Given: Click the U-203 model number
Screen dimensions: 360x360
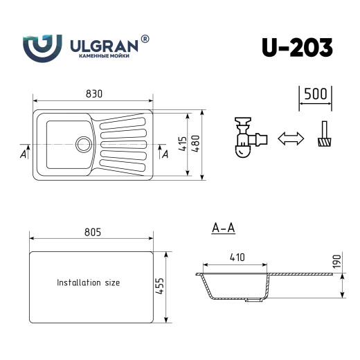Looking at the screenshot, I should pos(297,46).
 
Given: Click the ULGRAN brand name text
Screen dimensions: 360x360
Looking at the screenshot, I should pos(105,45).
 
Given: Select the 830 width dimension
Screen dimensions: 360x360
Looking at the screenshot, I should pos(93,93).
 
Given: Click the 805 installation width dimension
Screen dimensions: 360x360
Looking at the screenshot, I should pos(91,232).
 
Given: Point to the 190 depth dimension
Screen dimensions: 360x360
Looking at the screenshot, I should pos(338,262).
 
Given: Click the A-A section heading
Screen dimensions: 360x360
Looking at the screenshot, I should pos(222,227).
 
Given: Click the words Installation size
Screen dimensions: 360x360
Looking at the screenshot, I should pos(88,283).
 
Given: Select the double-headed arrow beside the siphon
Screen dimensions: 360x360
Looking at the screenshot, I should pos(291,138).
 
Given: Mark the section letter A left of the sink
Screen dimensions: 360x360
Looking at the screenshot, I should pos(24,154).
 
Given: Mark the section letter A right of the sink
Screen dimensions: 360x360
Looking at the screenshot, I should pos(163,154).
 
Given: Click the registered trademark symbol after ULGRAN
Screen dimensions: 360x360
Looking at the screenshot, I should pos(145,39).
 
